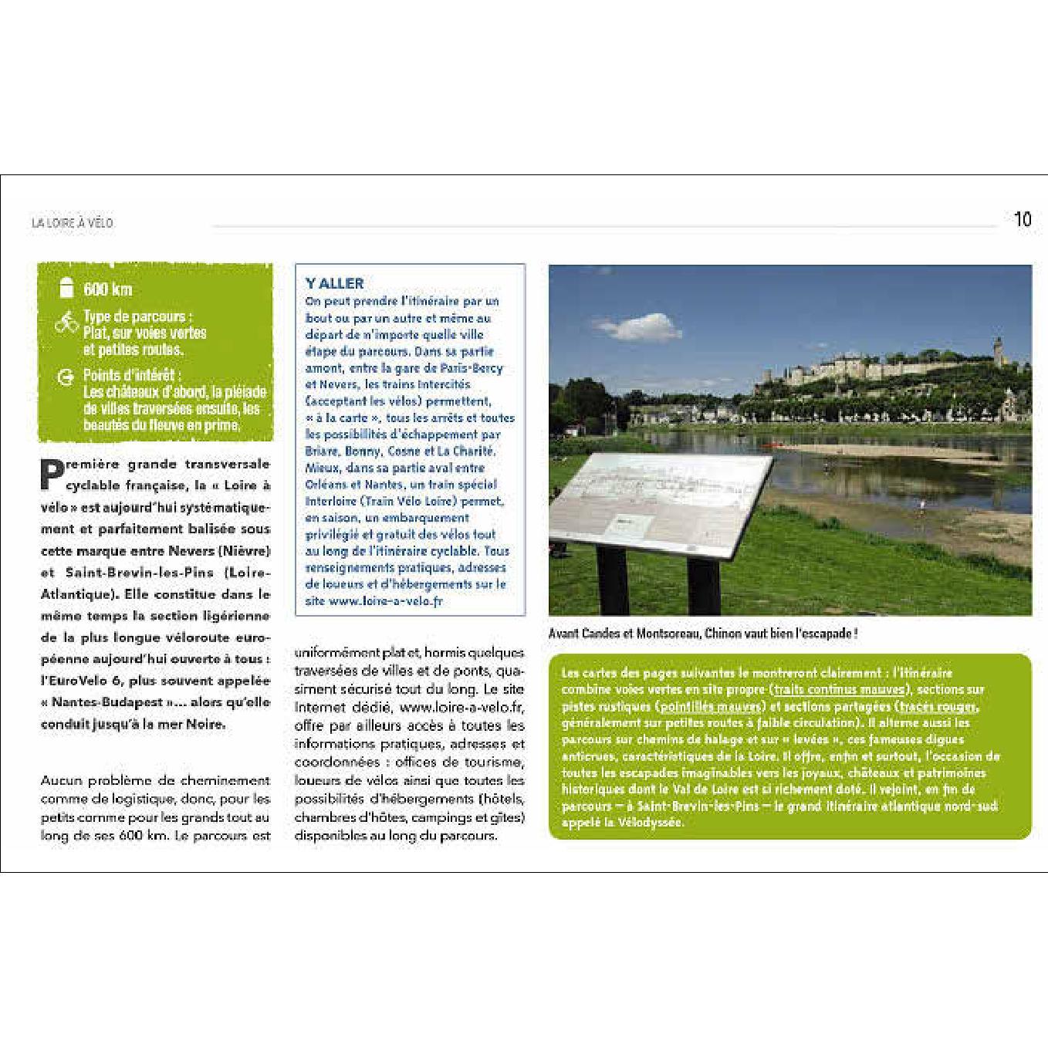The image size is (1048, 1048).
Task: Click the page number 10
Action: [x=1023, y=219]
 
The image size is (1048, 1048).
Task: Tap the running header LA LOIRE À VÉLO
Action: [x=73, y=223]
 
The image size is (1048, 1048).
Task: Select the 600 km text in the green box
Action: [x=108, y=289]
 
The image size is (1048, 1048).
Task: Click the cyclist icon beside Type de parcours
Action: [x=66, y=323]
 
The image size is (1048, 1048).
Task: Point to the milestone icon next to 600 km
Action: [x=66, y=288]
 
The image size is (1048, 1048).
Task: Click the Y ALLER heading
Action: [x=334, y=283]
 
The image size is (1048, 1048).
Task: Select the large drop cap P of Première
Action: [x=51, y=475]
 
